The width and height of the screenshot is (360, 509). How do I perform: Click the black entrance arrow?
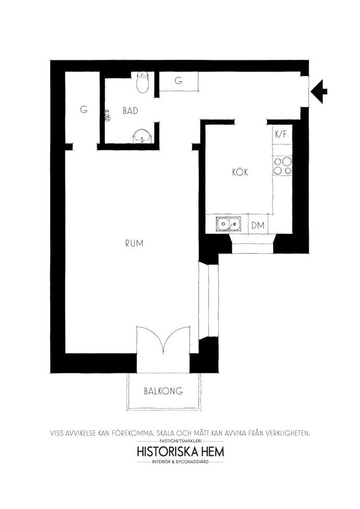click(x=319, y=92)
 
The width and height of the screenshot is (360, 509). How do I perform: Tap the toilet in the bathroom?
click(x=143, y=82)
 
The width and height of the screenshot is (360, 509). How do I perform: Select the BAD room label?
click(x=130, y=111)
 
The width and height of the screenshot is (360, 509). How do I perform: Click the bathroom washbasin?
click(x=142, y=136)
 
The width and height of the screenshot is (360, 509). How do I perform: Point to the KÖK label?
click(x=240, y=172)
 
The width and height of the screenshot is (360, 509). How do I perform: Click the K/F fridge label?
click(x=281, y=134)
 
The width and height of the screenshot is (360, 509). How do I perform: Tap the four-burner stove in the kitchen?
click(x=282, y=166)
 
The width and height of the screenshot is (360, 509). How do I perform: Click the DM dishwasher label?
click(x=258, y=225)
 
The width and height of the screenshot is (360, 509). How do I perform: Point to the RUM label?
click(x=134, y=243)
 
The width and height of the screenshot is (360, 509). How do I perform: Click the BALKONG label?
click(x=163, y=391)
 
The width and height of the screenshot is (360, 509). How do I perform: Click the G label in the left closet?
click(x=84, y=110)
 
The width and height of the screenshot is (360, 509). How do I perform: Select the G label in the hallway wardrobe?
click(x=178, y=81)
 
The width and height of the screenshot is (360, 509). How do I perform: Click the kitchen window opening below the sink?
click(x=253, y=244)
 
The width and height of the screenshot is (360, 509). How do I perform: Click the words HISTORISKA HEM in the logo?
click(x=181, y=452)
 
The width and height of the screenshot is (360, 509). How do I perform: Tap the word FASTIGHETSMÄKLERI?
click(x=181, y=441)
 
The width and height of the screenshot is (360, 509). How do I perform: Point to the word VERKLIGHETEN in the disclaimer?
click(x=287, y=433)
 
